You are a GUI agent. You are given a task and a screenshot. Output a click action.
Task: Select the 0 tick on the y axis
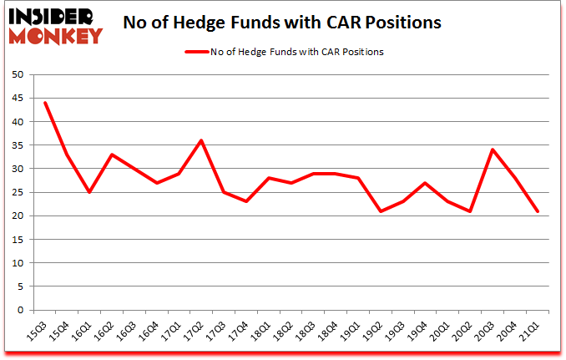click(19, 311)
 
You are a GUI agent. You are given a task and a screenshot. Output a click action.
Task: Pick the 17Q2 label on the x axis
click(195, 331)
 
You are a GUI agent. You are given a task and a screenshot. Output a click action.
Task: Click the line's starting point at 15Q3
click(45, 103)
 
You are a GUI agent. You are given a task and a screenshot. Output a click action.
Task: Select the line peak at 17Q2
click(201, 140)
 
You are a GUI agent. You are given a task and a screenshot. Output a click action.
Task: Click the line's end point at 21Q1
click(538, 211)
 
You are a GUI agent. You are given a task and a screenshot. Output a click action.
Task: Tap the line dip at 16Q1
click(89, 192)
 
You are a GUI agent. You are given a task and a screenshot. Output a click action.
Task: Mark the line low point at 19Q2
click(381, 211)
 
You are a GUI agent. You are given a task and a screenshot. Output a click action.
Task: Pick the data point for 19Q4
click(426, 183)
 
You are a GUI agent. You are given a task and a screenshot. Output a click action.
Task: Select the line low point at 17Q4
click(246, 201)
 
